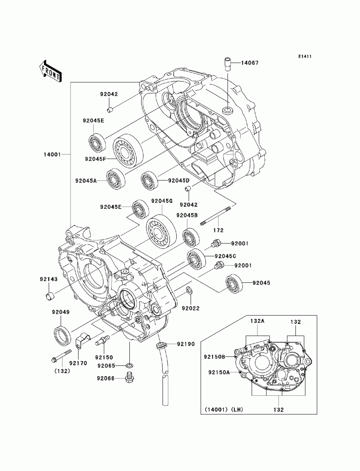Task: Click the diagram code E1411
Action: click(x=305, y=56)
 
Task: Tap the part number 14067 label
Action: click(x=250, y=63)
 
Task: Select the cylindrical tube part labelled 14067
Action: click(x=228, y=64)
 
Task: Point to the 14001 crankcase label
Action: click(x=52, y=154)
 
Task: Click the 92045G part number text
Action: click(x=162, y=201)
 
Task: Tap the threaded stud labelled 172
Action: click(x=215, y=216)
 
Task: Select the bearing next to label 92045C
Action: click(x=196, y=259)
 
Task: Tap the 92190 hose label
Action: click(x=186, y=344)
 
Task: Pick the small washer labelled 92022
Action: click(x=190, y=290)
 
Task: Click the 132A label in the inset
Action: click(x=257, y=321)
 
